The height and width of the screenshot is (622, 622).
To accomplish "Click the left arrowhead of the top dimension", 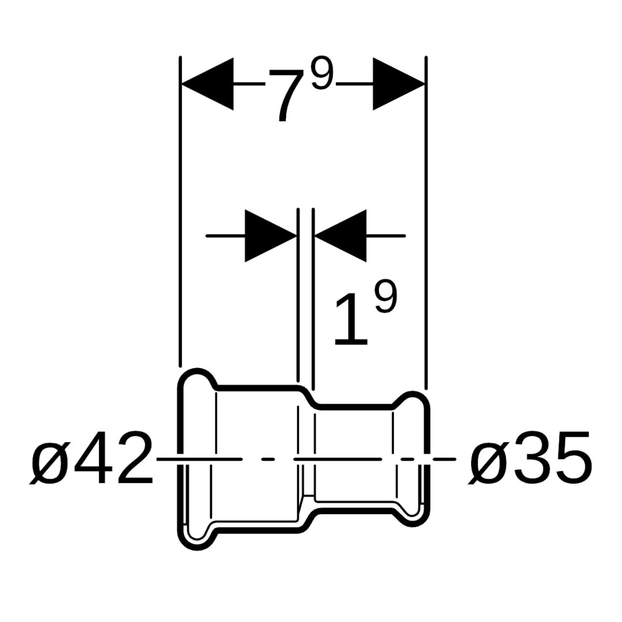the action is click(207, 84).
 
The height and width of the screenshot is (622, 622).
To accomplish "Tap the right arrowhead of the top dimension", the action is click(399, 84).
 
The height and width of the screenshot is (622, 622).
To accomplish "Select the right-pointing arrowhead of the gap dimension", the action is click(271, 236).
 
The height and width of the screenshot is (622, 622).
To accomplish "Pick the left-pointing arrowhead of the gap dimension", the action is click(340, 236).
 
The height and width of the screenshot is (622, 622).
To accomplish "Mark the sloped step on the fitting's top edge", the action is click(307, 396).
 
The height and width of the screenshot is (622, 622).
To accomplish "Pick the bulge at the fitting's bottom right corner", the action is click(412, 517).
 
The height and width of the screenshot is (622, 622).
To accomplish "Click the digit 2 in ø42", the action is click(134, 458).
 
